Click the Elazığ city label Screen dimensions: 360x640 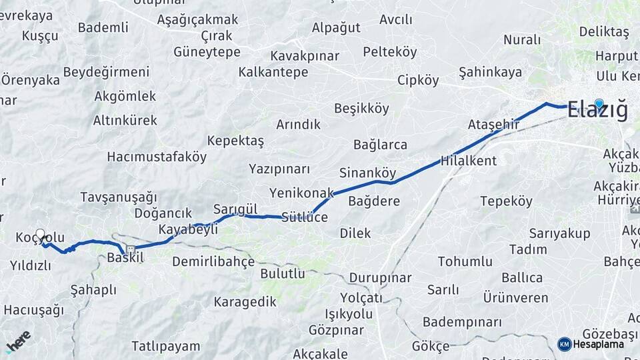tap(597, 111)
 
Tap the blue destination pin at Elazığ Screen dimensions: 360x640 tap(599, 103)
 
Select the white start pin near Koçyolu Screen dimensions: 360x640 tap(41, 235)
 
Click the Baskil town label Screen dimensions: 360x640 tap(125, 257)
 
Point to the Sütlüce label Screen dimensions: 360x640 tap(305, 217)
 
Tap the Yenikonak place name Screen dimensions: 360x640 tap(301, 193)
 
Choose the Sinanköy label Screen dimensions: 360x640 tap(368, 173)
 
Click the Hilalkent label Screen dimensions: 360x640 tap(469, 161)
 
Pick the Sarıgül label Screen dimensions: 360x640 tap(235, 209)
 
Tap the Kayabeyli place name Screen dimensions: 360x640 tap(188, 229)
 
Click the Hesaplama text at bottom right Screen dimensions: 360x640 tap(599, 344)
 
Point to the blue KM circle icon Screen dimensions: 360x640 tap(564, 344)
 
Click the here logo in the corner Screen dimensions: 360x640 tap(18, 341)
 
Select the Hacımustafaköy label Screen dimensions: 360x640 tap(157, 157)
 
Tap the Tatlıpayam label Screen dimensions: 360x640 tap(165, 346)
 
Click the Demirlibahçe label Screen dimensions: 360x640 tap(213, 261)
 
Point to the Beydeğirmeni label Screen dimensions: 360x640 tap(106, 72)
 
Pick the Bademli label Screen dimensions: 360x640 tap(103, 27)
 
